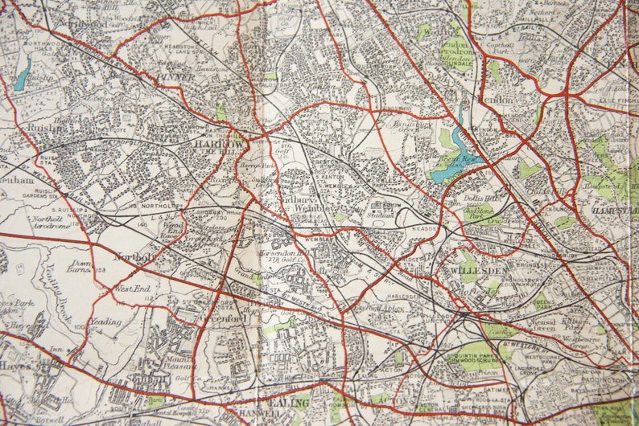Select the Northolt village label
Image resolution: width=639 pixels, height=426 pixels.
pyautogui.click(x=134, y=257)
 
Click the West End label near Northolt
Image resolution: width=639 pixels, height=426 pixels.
pyautogui.click(x=133, y=288)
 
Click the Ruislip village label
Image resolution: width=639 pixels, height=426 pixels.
pyautogui.click(x=38, y=126)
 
